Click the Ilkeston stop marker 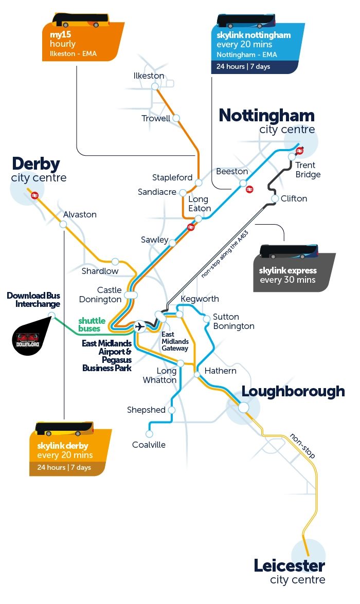[x=154, y=87]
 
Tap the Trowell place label [x=156, y=119]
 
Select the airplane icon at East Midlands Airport [x=139, y=326]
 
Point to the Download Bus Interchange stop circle [x=51, y=315]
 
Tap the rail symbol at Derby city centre [x=35, y=195]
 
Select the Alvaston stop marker [x=63, y=224]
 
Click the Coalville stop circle [x=150, y=433]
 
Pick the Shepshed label [x=146, y=410]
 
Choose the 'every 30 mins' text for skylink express [x=287, y=280]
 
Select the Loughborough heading [x=293, y=391]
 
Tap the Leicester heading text [x=289, y=566]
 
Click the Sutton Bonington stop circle [x=207, y=319]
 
